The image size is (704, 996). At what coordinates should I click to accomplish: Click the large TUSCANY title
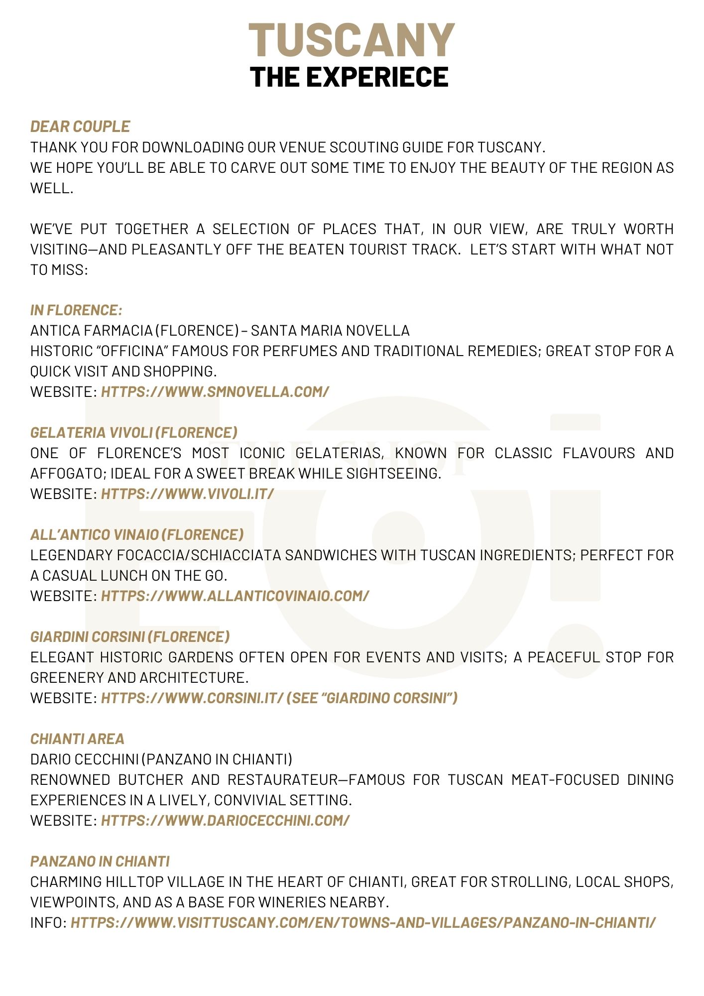tap(352, 41)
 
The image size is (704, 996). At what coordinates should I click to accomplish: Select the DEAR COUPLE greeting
tap(80, 126)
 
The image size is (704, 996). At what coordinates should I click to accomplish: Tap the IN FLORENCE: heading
tap(76, 310)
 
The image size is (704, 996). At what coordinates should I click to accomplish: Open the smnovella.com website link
tap(215, 392)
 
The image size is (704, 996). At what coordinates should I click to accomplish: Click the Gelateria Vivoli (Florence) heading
tap(134, 432)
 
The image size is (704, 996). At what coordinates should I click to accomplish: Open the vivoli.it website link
tap(187, 494)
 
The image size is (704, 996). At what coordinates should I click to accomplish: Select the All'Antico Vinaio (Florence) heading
tap(137, 535)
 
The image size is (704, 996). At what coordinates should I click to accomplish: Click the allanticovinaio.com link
tap(235, 596)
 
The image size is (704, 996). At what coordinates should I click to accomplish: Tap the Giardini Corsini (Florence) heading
tap(130, 637)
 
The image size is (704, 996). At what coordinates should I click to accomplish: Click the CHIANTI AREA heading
tap(77, 739)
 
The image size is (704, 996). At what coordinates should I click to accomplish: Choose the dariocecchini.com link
tap(225, 821)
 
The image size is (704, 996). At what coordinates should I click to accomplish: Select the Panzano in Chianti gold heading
tap(100, 862)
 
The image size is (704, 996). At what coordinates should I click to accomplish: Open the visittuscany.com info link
tap(363, 923)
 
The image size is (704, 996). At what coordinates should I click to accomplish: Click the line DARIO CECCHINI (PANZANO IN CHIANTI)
tap(161, 759)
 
